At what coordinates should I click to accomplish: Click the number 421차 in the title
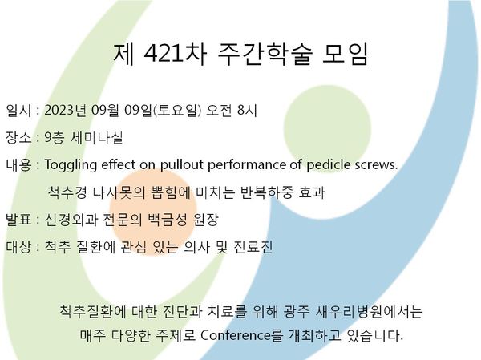[x=175, y=55]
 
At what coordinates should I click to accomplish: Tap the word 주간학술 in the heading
[x=265, y=55]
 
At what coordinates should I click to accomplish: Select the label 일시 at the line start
[x=18, y=111]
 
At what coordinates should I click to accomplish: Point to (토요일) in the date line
[x=177, y=111]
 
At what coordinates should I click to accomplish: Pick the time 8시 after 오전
[x=248, y=111]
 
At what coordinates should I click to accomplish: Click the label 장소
[x=18, y=137]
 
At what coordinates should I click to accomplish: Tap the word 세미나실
[x=97, y=137]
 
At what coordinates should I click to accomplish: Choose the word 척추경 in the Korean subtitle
[x=67, y=192]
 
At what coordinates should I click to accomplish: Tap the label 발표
[x=18, y=220]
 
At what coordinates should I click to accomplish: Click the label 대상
[x=18, y=247]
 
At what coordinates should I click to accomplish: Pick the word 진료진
[x=253, y=247]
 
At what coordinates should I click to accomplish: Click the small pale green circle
[x=327, y=129]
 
